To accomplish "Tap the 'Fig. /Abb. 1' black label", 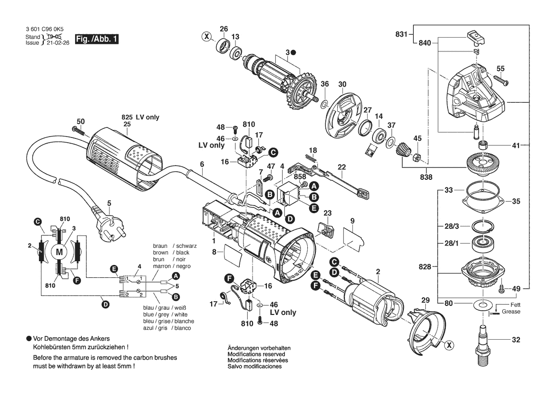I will (x=96, y=39).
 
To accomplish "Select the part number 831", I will (x=401, y=34).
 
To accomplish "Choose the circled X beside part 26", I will (x=206, y=36).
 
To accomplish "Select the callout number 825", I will (x=127, y=117).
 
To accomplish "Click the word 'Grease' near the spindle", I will (x=511, y=312).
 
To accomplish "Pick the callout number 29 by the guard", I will (x=425, y=300).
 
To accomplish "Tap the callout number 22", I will (x=342, y=167).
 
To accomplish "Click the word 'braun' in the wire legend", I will (x=161, y=246).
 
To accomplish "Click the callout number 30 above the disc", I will (x=342, y=85).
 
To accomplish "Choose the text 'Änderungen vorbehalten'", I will (x=259, y=348).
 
